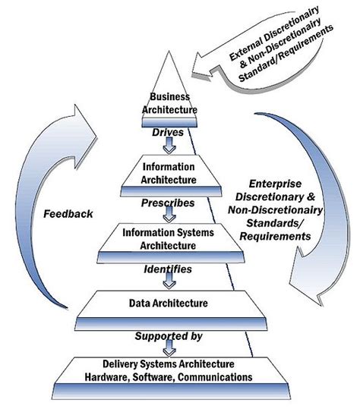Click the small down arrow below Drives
(x=174, y=145)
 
